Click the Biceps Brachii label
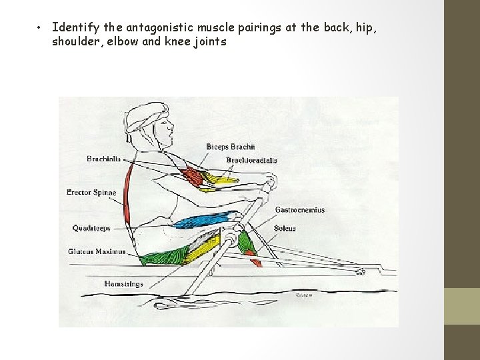click(231, 147)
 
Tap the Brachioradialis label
click(251, 160)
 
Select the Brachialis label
click(103, 159)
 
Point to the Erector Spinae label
click(91, 192)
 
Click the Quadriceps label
click(91, 228)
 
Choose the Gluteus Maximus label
click(97, 251)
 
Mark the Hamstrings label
click(123, 284)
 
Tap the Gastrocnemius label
click(300, 210)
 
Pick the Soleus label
click(285, 229)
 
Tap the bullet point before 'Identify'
click(40, 28)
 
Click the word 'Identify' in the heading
click(75, 27)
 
